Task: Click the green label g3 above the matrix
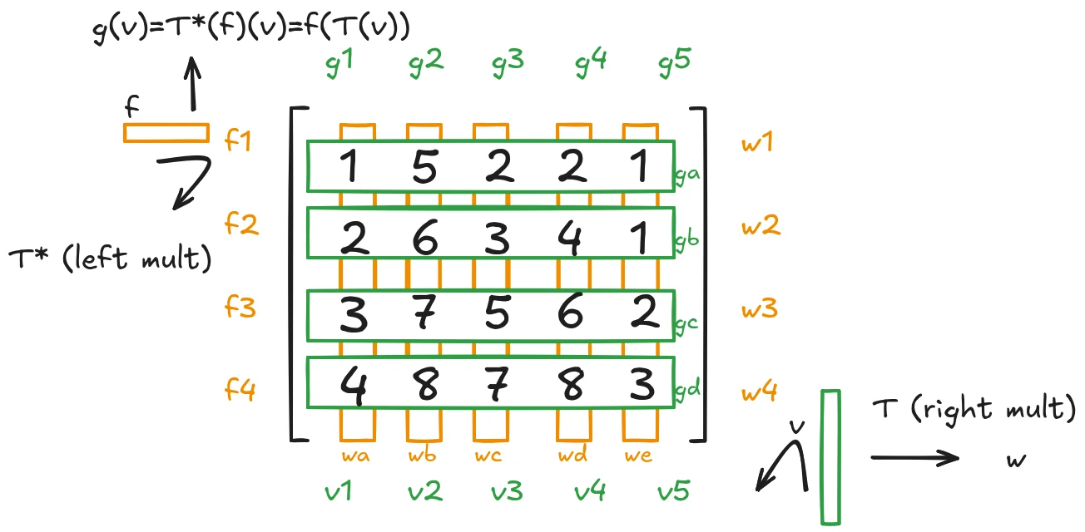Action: [x=507, y=66]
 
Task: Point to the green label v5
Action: [x=673, y=492]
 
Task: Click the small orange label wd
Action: [x=573, y=456]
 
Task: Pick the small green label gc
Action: [x=686, y=323]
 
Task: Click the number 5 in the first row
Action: [x=425, y=169]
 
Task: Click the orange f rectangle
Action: [x=166, y=133]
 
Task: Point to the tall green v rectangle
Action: [x=830, y=457]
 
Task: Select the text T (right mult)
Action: [x=974, y=409]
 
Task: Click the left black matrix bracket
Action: [x=294, y=274]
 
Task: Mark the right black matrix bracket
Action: [x=702, y=274]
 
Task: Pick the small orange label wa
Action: [x=357, y=456]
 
